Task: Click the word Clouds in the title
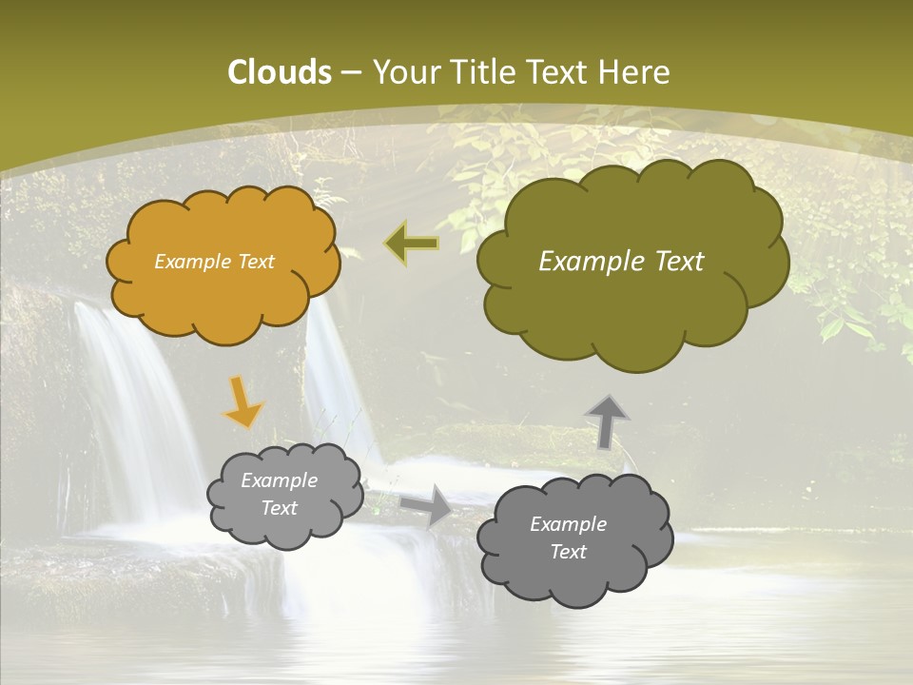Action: [x=280, y=72]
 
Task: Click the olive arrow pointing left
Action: [x=411, y=244]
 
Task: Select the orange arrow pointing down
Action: [x=243, y=402]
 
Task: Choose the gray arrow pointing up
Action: [x=607, y=421]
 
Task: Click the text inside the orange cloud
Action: [x=214, y=262]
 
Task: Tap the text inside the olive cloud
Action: [x=621, y=262]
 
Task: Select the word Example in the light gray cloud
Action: [x=279, y=481]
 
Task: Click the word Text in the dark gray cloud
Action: [x=568, y=552]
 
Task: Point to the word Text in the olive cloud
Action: [x=671, y=262]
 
